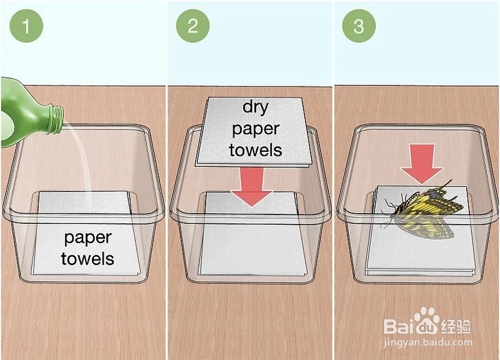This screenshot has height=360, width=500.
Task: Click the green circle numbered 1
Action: (26, 25)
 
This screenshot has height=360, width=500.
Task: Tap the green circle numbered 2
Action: (192, 25)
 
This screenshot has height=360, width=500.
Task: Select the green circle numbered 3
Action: (359, 25)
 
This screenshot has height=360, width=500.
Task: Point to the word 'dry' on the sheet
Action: (255, 106)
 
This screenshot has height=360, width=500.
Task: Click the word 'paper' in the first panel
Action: (88, 238)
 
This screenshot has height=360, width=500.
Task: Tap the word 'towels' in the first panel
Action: (88, 258)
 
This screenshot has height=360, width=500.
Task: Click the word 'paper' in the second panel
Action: (255, 129)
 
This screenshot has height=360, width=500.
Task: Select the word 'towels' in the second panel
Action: (255, 150)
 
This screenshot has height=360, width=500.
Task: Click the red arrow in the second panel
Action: (251, 187)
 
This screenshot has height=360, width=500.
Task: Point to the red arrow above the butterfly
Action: (422, 164)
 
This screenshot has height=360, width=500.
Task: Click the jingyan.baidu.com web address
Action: (428, 342)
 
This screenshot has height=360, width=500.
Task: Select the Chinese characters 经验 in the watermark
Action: (455, 326)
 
